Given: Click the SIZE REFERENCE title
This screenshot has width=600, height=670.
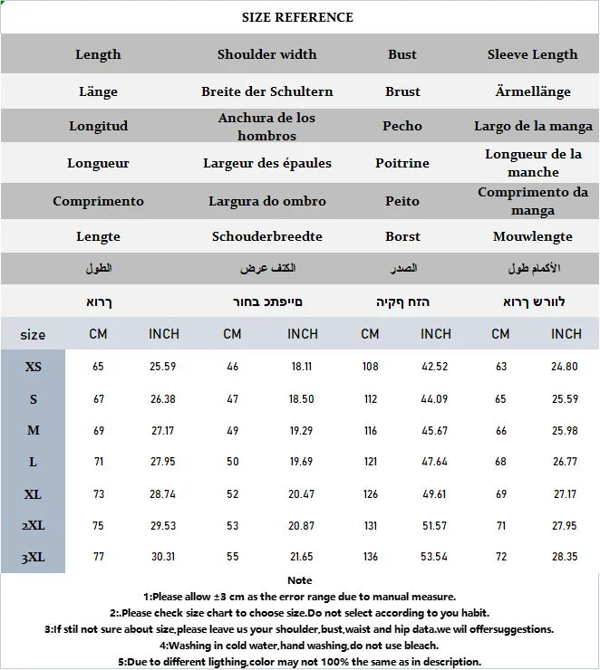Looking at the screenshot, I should point(298,17).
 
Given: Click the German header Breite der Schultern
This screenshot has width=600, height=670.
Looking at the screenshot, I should point(267,91).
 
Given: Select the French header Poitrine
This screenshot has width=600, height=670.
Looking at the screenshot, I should point(402,163).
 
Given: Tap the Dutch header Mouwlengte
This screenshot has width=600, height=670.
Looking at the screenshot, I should point(533,236).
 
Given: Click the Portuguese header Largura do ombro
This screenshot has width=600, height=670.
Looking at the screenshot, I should point(267,201).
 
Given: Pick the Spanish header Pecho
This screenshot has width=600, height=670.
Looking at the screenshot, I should point(402,126).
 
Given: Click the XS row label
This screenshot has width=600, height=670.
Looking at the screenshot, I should point(34,367).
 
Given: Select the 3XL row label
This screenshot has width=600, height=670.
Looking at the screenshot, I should point(34,557).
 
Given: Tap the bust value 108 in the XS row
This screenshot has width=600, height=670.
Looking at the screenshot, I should point(370,367).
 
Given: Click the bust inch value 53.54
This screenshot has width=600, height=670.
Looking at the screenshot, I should point(436,557).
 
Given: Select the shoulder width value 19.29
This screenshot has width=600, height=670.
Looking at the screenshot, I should point(303,431).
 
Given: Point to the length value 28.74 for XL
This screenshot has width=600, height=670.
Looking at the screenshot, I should point(164,494).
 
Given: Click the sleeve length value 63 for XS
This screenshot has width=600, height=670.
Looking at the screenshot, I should point(500,367).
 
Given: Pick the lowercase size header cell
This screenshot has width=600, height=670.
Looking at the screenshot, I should point(34,335).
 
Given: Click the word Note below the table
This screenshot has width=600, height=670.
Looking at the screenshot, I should point(299,580).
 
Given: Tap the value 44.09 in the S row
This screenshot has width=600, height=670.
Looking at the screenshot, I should point(436,399).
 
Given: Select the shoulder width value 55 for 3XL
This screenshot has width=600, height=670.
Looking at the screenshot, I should point(233,557).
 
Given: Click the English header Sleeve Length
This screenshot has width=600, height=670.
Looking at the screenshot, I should point(533,54).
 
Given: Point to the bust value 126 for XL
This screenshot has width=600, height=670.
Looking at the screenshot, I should point(370,494).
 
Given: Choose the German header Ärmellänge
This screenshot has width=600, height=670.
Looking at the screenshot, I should point(533,91).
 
